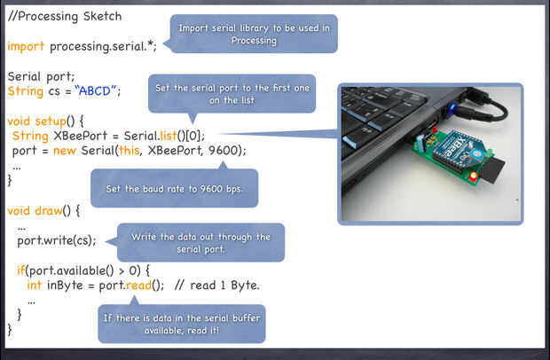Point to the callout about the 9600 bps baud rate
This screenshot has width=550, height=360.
pos(174,188)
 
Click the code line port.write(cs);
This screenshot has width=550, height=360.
pos(56,240)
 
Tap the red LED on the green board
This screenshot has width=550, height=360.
pos(473,176)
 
